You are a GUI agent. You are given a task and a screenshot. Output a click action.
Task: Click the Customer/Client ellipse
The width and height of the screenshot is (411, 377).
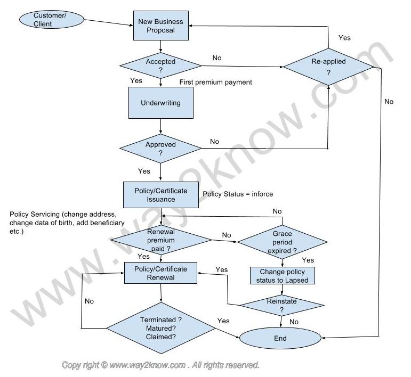click(x=51, y=20)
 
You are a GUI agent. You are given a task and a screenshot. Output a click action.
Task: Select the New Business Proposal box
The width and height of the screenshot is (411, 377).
click(x=160, y=26)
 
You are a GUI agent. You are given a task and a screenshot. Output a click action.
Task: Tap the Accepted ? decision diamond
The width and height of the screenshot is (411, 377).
click(x=160, y=65)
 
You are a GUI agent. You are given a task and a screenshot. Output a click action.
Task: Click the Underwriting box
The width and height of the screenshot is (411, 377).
click(x=160, y=103)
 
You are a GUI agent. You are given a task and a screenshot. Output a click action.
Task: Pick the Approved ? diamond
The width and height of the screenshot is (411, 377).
click(x=160, y=149)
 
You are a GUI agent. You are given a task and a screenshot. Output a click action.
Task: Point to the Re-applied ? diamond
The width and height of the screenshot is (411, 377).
click(x=328, y=67)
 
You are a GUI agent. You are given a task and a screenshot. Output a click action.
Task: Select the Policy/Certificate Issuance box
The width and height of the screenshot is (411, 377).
click(x=160, y=195)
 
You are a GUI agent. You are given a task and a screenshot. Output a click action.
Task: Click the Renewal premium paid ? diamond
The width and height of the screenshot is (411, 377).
click(x=160, y=240)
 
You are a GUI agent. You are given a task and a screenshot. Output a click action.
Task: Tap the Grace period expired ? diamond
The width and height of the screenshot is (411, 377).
click(x=282, y=242)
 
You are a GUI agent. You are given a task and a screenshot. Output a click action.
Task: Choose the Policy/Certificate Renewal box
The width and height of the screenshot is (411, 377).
click(x=160, y=273)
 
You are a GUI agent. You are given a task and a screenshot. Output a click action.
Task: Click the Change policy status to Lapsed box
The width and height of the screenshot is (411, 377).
click(x=283, y=276)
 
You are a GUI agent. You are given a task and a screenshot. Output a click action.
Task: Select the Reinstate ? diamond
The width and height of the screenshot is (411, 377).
click(x=282, y=305)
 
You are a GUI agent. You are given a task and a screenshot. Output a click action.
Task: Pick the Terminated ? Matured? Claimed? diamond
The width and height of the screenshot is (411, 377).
click(x=161, y=328)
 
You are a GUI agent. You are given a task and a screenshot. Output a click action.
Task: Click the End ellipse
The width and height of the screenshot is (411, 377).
click(x=280, y=338)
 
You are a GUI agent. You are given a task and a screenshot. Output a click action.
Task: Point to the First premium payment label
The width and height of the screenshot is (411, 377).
click(x=215, y=82)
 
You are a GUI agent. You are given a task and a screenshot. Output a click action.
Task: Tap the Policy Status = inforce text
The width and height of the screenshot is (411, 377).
click(x=238, y=194)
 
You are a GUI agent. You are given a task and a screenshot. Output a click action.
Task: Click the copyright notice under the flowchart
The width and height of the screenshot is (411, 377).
click(x=160, y=365)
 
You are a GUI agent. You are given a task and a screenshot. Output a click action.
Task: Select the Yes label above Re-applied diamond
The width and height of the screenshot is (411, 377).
click(x=344, y=38)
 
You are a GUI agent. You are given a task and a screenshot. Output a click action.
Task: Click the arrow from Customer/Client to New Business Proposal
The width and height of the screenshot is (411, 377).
click(x=109, y=22)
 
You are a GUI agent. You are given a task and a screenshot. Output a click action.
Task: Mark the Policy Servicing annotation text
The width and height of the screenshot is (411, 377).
click(x=67, y=223)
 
